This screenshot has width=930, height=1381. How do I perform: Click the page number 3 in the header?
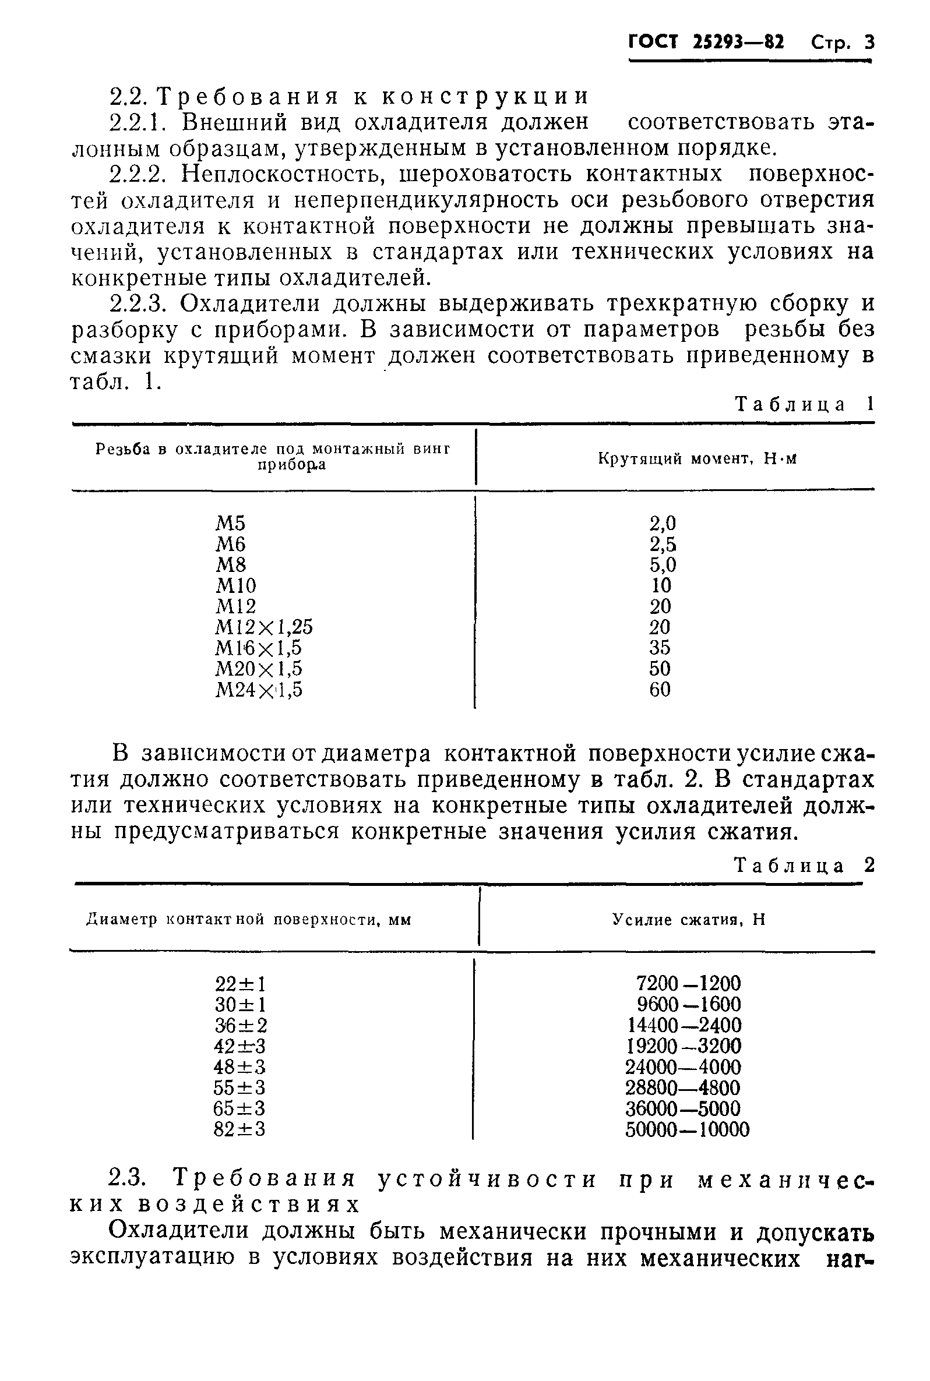tap(869, 43)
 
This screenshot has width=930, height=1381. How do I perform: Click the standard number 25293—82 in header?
tap(738, 43)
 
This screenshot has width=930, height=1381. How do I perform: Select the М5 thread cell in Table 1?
tap(230, 524)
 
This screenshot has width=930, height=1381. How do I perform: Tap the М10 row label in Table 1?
tap(235, 585)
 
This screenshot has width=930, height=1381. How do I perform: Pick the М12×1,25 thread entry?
tap(264, 627)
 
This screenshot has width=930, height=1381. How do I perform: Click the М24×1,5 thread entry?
tap(259, 689)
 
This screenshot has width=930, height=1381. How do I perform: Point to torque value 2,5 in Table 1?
tap(663, 544)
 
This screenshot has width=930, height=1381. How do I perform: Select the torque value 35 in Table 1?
tap(660, 648)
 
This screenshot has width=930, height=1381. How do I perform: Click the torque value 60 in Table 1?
tap(660, 689)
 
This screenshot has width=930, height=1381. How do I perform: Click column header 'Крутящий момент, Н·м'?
tap(697, 458)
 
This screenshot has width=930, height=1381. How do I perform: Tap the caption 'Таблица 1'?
tap(804, 404)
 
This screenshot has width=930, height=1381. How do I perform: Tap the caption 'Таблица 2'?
tap(804, 866)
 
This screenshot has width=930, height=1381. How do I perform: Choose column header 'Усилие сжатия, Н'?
tap(689, 919)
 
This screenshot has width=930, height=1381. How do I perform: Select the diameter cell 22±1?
tap(240, 984)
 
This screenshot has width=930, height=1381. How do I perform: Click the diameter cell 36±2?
tap(240, 1025)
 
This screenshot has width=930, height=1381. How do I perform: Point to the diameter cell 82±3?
tap(239, 1129)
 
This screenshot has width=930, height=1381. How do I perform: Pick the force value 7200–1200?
tap(688, 984)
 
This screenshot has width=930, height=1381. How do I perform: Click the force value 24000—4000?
tap(683, 1067)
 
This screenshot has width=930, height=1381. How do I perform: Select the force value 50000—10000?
tap(687, 1130)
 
